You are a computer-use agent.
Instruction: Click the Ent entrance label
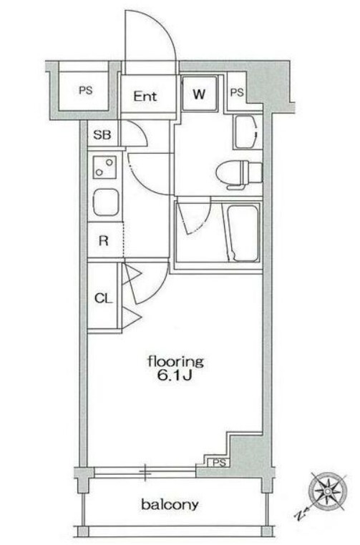145,96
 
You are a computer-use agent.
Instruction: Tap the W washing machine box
199,93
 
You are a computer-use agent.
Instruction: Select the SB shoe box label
102,134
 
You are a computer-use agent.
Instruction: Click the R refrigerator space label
104,240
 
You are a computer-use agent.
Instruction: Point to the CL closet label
104,298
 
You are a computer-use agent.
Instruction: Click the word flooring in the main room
175,362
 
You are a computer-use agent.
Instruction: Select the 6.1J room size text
175,376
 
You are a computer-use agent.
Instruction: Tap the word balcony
170,504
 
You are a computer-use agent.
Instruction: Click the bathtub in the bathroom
243,233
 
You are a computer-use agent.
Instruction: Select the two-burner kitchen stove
104,167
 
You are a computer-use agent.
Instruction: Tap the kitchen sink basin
106,202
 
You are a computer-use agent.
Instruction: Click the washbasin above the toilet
248,132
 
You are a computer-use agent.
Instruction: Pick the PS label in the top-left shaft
86,90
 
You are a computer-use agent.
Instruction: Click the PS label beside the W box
237,93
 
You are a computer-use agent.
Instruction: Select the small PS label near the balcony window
220,463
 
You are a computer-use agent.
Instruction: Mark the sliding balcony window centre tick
145,472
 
